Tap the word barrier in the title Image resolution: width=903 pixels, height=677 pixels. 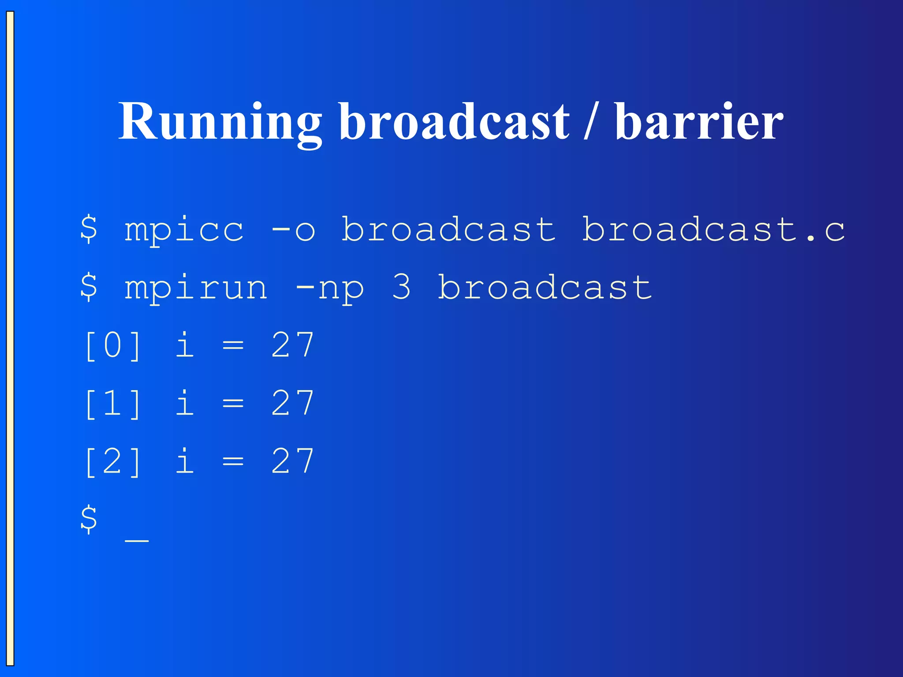699,121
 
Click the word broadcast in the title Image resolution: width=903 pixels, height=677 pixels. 454,121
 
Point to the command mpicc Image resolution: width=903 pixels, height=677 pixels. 184,230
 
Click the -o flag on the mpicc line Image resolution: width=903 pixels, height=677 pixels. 293,230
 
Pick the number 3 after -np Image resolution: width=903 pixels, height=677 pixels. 401,287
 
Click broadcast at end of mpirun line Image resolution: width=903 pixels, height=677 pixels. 545,287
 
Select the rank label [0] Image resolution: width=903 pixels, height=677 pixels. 113,346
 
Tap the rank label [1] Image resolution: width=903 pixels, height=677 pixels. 113,404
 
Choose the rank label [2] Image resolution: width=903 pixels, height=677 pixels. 113,462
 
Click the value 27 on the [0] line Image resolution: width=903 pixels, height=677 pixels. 293,346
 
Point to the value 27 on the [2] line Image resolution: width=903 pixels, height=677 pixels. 293,461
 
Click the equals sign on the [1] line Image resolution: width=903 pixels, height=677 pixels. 233,404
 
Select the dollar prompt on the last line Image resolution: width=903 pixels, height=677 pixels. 89,519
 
